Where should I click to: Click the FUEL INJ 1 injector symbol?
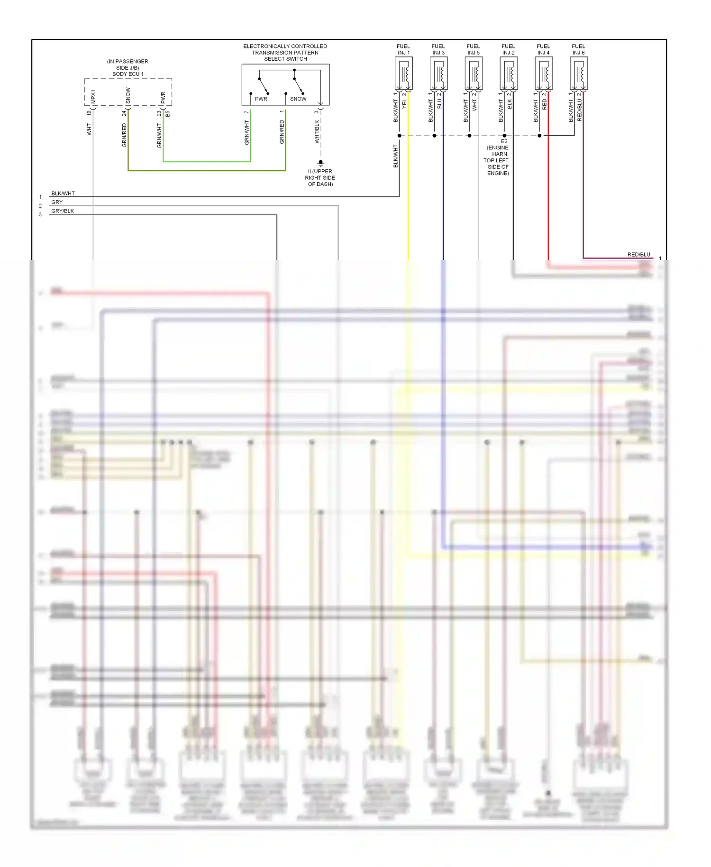coord(403,74)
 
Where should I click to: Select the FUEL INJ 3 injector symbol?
coord(438,74)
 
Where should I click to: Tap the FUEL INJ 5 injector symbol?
coord(474,74)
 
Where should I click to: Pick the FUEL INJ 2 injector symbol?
coord(509,74)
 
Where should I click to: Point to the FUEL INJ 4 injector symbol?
coord(544,74)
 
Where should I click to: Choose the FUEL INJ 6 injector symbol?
coord(579,74)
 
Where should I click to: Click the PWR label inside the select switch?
coord(261,99)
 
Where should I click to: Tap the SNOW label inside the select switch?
coord(298,99)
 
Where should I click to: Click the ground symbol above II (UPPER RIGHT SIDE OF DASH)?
coord(320,163)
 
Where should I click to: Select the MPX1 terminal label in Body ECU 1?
coord(93,97)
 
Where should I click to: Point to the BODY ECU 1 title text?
coord(128,74)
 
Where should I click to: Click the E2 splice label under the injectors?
coord(504,141)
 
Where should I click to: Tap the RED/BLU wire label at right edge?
coord(638,255)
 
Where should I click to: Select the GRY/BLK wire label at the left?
coord(63,211)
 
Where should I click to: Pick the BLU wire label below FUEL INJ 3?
coord(439,103)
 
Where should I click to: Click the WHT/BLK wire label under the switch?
coord(317,132)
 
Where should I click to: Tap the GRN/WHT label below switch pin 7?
coord(246,132)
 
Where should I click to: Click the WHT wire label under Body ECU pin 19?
coord(89,129)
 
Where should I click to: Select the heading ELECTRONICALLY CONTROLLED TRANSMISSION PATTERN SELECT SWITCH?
coord(285,53)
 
